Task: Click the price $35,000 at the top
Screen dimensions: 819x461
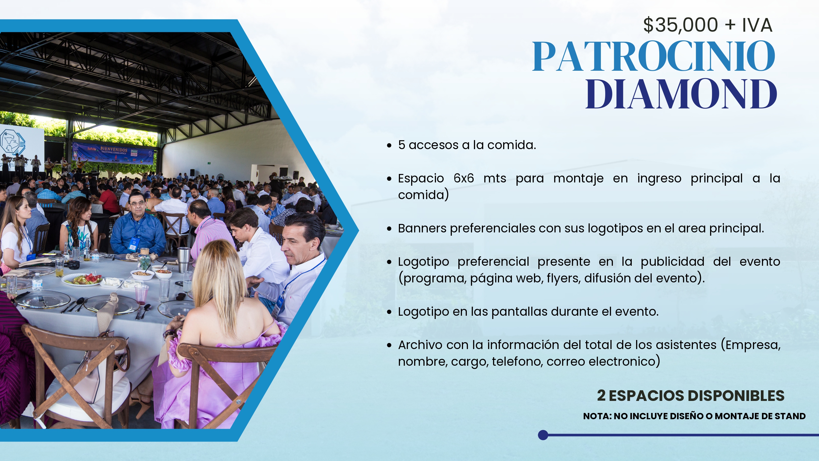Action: (681, 25)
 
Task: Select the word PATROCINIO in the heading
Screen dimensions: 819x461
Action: (654, 56)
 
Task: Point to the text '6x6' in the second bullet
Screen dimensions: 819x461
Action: (464, 178)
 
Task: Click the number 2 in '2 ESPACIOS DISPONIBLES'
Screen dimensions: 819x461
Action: (601, 395)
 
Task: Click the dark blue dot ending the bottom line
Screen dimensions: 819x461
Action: (543, 435)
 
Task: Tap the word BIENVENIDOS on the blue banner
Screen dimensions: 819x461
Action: (114, 149)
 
